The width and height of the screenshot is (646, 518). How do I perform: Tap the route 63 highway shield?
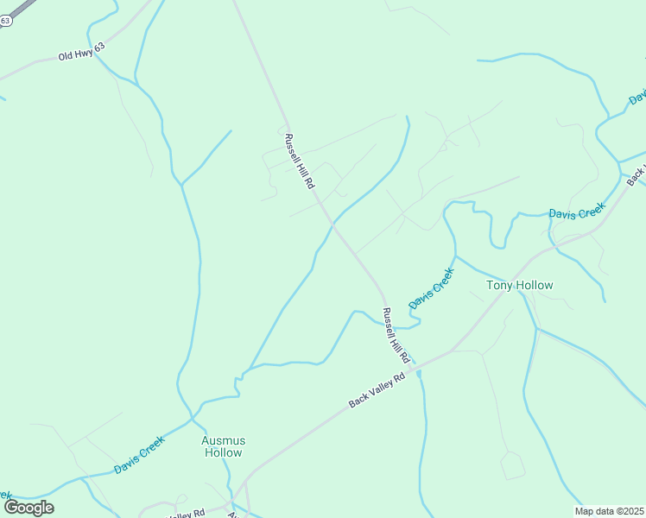point(5,22)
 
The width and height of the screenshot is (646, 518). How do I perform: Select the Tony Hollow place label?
point(519,285)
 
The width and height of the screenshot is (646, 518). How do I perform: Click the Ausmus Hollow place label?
point(223,445)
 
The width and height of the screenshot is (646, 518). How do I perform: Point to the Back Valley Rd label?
point(377,391)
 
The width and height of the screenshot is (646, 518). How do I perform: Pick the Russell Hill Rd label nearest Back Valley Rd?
point(397,335)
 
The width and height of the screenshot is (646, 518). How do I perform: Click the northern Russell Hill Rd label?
point(300,161)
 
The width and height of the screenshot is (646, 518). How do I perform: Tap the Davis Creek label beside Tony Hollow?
point(432,288)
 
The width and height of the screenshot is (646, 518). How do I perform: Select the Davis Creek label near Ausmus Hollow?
point(139,455)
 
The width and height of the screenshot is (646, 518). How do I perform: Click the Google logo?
point(28,508)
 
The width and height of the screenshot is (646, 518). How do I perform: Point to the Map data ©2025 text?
point(609,511)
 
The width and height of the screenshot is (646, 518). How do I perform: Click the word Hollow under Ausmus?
point(223,452)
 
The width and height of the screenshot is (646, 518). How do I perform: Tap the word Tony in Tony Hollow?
point(500,285)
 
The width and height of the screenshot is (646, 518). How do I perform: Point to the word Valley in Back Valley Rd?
point(377,390)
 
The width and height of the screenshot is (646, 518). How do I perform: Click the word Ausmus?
point(223,439)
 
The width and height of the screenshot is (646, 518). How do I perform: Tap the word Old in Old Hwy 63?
point(66,56)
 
